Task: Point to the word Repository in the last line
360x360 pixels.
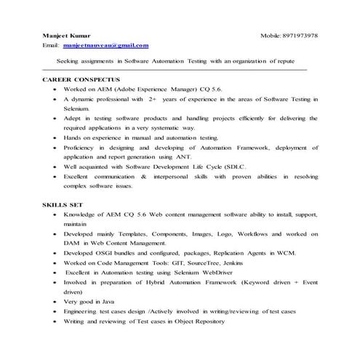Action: pos(204,321)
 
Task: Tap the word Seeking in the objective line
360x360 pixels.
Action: pos(70,62)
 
